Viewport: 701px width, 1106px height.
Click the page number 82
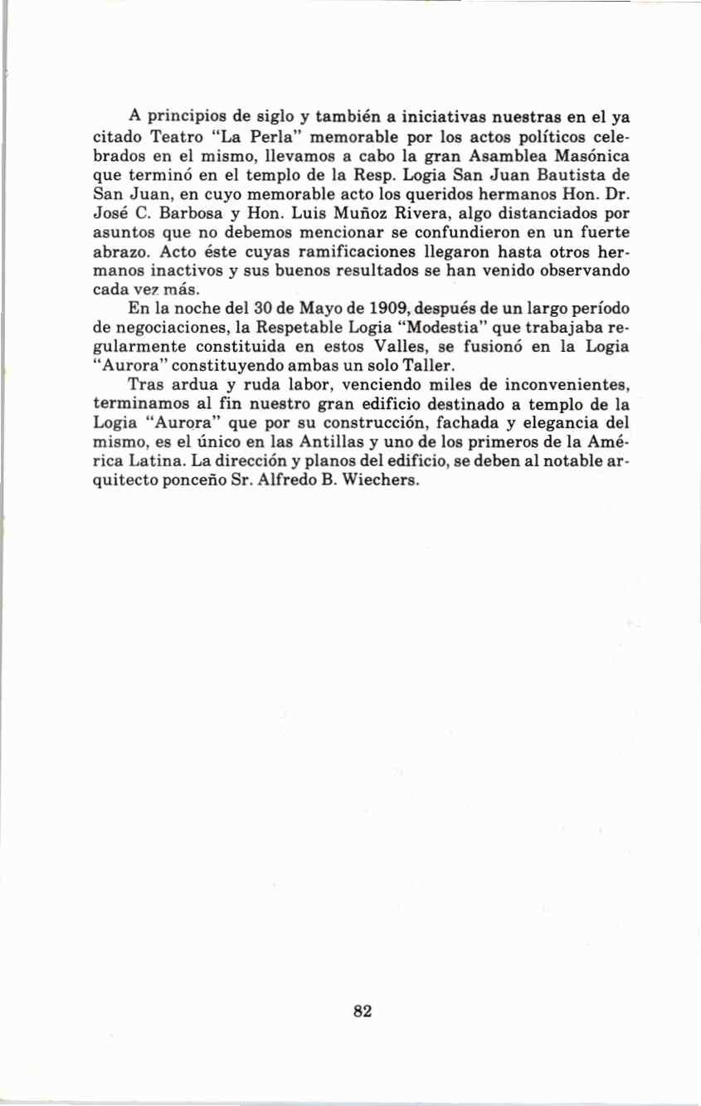pos(362,1011)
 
